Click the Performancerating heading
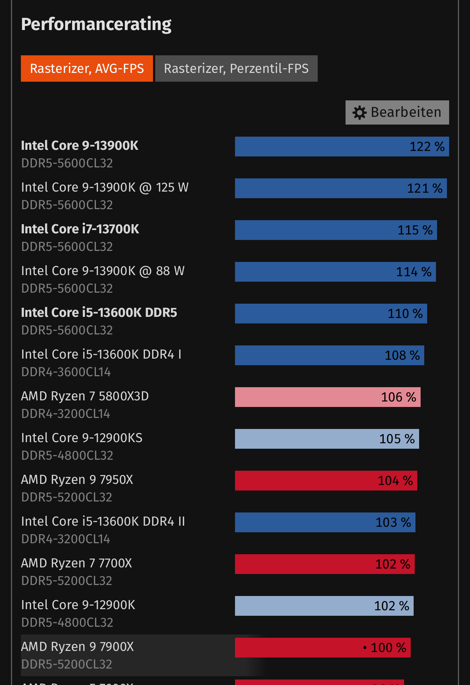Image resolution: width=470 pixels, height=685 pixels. (x=96, y=24)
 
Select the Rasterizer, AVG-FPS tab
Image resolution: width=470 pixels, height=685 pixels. (x=87, y=68)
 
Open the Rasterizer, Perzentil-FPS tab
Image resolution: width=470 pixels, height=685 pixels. (x=236, y=68)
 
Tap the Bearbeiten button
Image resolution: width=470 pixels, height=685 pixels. (x=397, y=112)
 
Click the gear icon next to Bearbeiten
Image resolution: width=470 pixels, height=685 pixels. (x=359, y=113)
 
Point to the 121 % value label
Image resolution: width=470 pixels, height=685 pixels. (x=425, y=188)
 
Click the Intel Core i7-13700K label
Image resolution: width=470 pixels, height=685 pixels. (x=80, y=229)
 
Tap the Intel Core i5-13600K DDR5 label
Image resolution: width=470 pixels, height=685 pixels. (x=99, y=312)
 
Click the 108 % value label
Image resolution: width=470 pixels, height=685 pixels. (x=402, y=355)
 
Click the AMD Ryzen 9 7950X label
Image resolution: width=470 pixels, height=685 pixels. (x=77, y=479)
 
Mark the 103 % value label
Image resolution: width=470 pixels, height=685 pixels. (x=393, y=522)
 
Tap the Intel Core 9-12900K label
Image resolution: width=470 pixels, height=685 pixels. (x=78, y=605)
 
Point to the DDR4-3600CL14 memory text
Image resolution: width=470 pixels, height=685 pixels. (x=66, y=372)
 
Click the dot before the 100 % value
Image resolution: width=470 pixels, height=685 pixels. (x=365, y=648)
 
